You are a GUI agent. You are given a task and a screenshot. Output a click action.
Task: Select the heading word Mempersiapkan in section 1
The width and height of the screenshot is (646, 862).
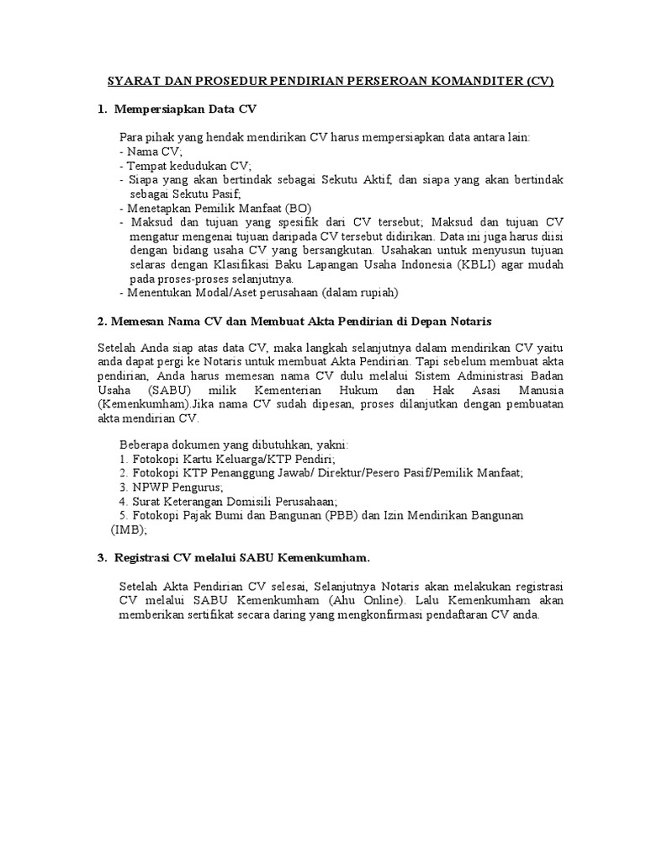pyautogui.click(x=161, y=109)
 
